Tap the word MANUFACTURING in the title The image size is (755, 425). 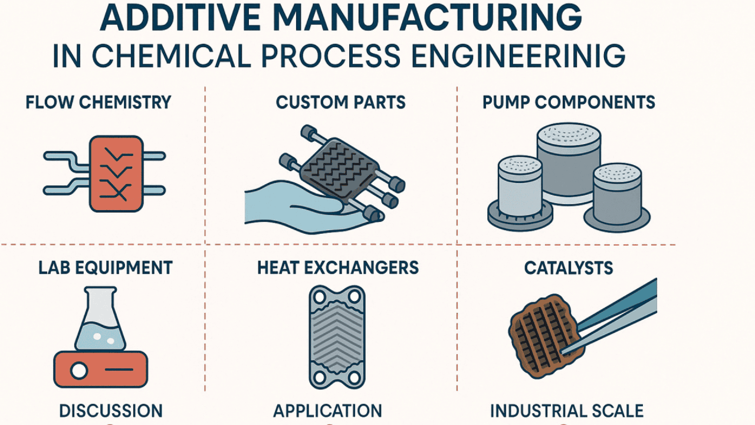coord(427,18)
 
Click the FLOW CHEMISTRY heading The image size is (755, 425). coord(98,102)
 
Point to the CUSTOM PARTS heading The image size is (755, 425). coord(341,102)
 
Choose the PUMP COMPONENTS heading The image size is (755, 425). coord(569,102)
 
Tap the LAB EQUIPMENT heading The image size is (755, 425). coord(105,268)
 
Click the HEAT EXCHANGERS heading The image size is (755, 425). coord(338,268)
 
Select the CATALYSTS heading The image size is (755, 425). coord(569,268)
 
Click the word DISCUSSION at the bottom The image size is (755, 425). coord(111,411)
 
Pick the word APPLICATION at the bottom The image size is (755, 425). coord(328,411)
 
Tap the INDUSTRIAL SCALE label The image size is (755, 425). coord(567,411)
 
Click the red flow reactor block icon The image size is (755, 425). coord(116,174)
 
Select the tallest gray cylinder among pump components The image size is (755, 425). coord(569,163)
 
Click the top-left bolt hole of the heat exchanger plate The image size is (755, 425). coord(319,296)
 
